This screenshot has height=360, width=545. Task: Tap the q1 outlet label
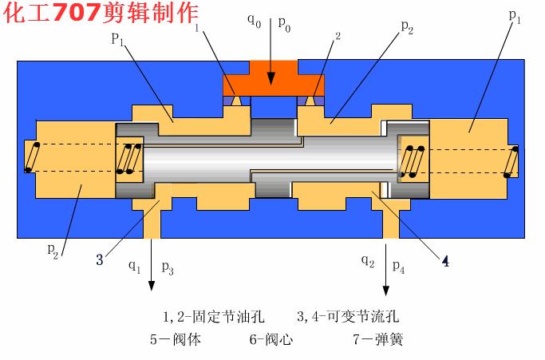click(x=136, y=265)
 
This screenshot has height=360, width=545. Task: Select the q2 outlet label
click(x=367, y=261)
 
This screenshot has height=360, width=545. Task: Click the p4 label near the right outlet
click(x=398, y=267)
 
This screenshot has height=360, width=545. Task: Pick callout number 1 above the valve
click(x=196, y=30)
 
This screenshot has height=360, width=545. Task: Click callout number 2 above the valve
click(x=338, y=37)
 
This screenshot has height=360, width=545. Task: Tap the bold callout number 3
click(x=100, y=259)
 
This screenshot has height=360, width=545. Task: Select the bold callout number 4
click(x=445, y=261)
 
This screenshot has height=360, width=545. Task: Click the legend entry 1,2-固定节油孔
click(x=211, y=317)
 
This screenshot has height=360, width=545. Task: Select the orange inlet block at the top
click(x=272, y=77)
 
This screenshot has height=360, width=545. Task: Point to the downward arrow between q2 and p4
click(x=388, y=275)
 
